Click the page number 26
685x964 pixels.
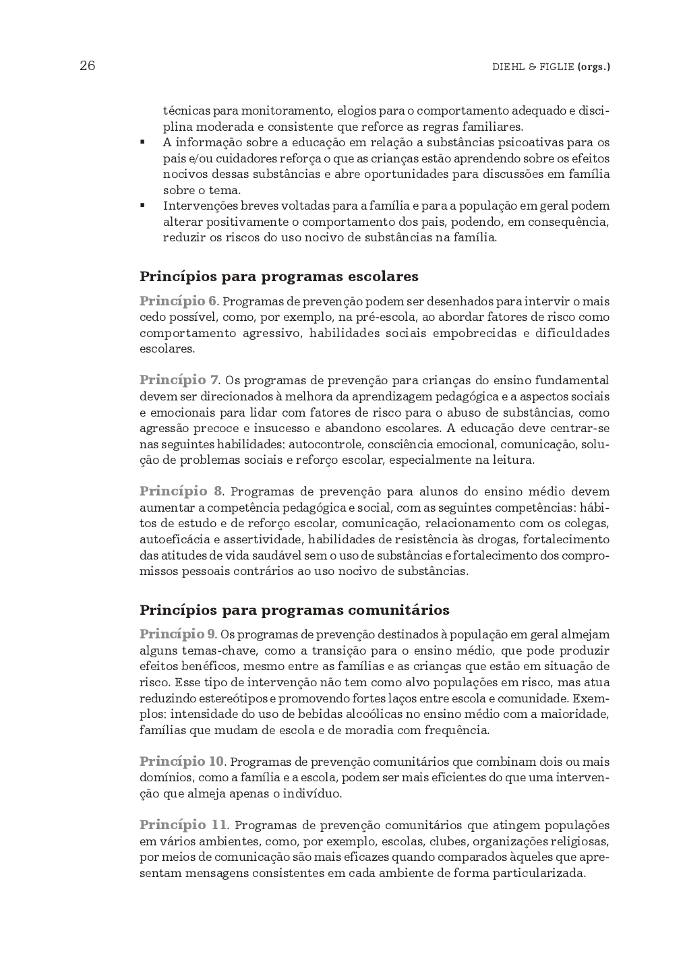point(87,66)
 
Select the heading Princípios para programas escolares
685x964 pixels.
point(278,276)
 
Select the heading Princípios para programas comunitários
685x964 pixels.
point(294,610)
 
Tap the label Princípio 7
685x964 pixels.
point(179,380)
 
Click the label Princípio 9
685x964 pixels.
point(177,634)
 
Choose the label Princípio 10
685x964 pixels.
point(181,762)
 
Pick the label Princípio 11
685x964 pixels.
point(183,825)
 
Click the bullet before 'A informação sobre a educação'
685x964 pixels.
point(143,143)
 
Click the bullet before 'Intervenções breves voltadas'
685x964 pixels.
point(143,206)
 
